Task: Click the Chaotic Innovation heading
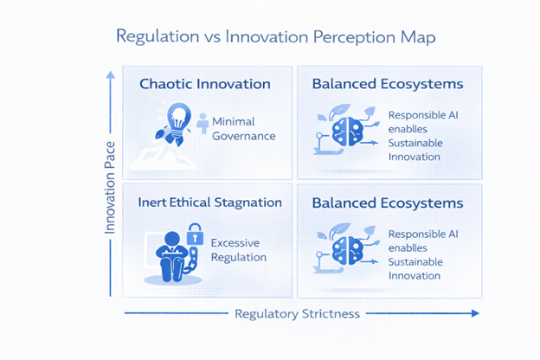(x=205, y=84)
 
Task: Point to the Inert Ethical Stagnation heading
(x=210, y=202)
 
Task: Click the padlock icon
(x=195, y=233)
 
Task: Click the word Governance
(x=244, y=136)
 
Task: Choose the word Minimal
(x=234, y=122)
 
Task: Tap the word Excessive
(x=235, y=243)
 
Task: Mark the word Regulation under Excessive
(x=239, y=257)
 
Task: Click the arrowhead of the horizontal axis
(x=474, y=313)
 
